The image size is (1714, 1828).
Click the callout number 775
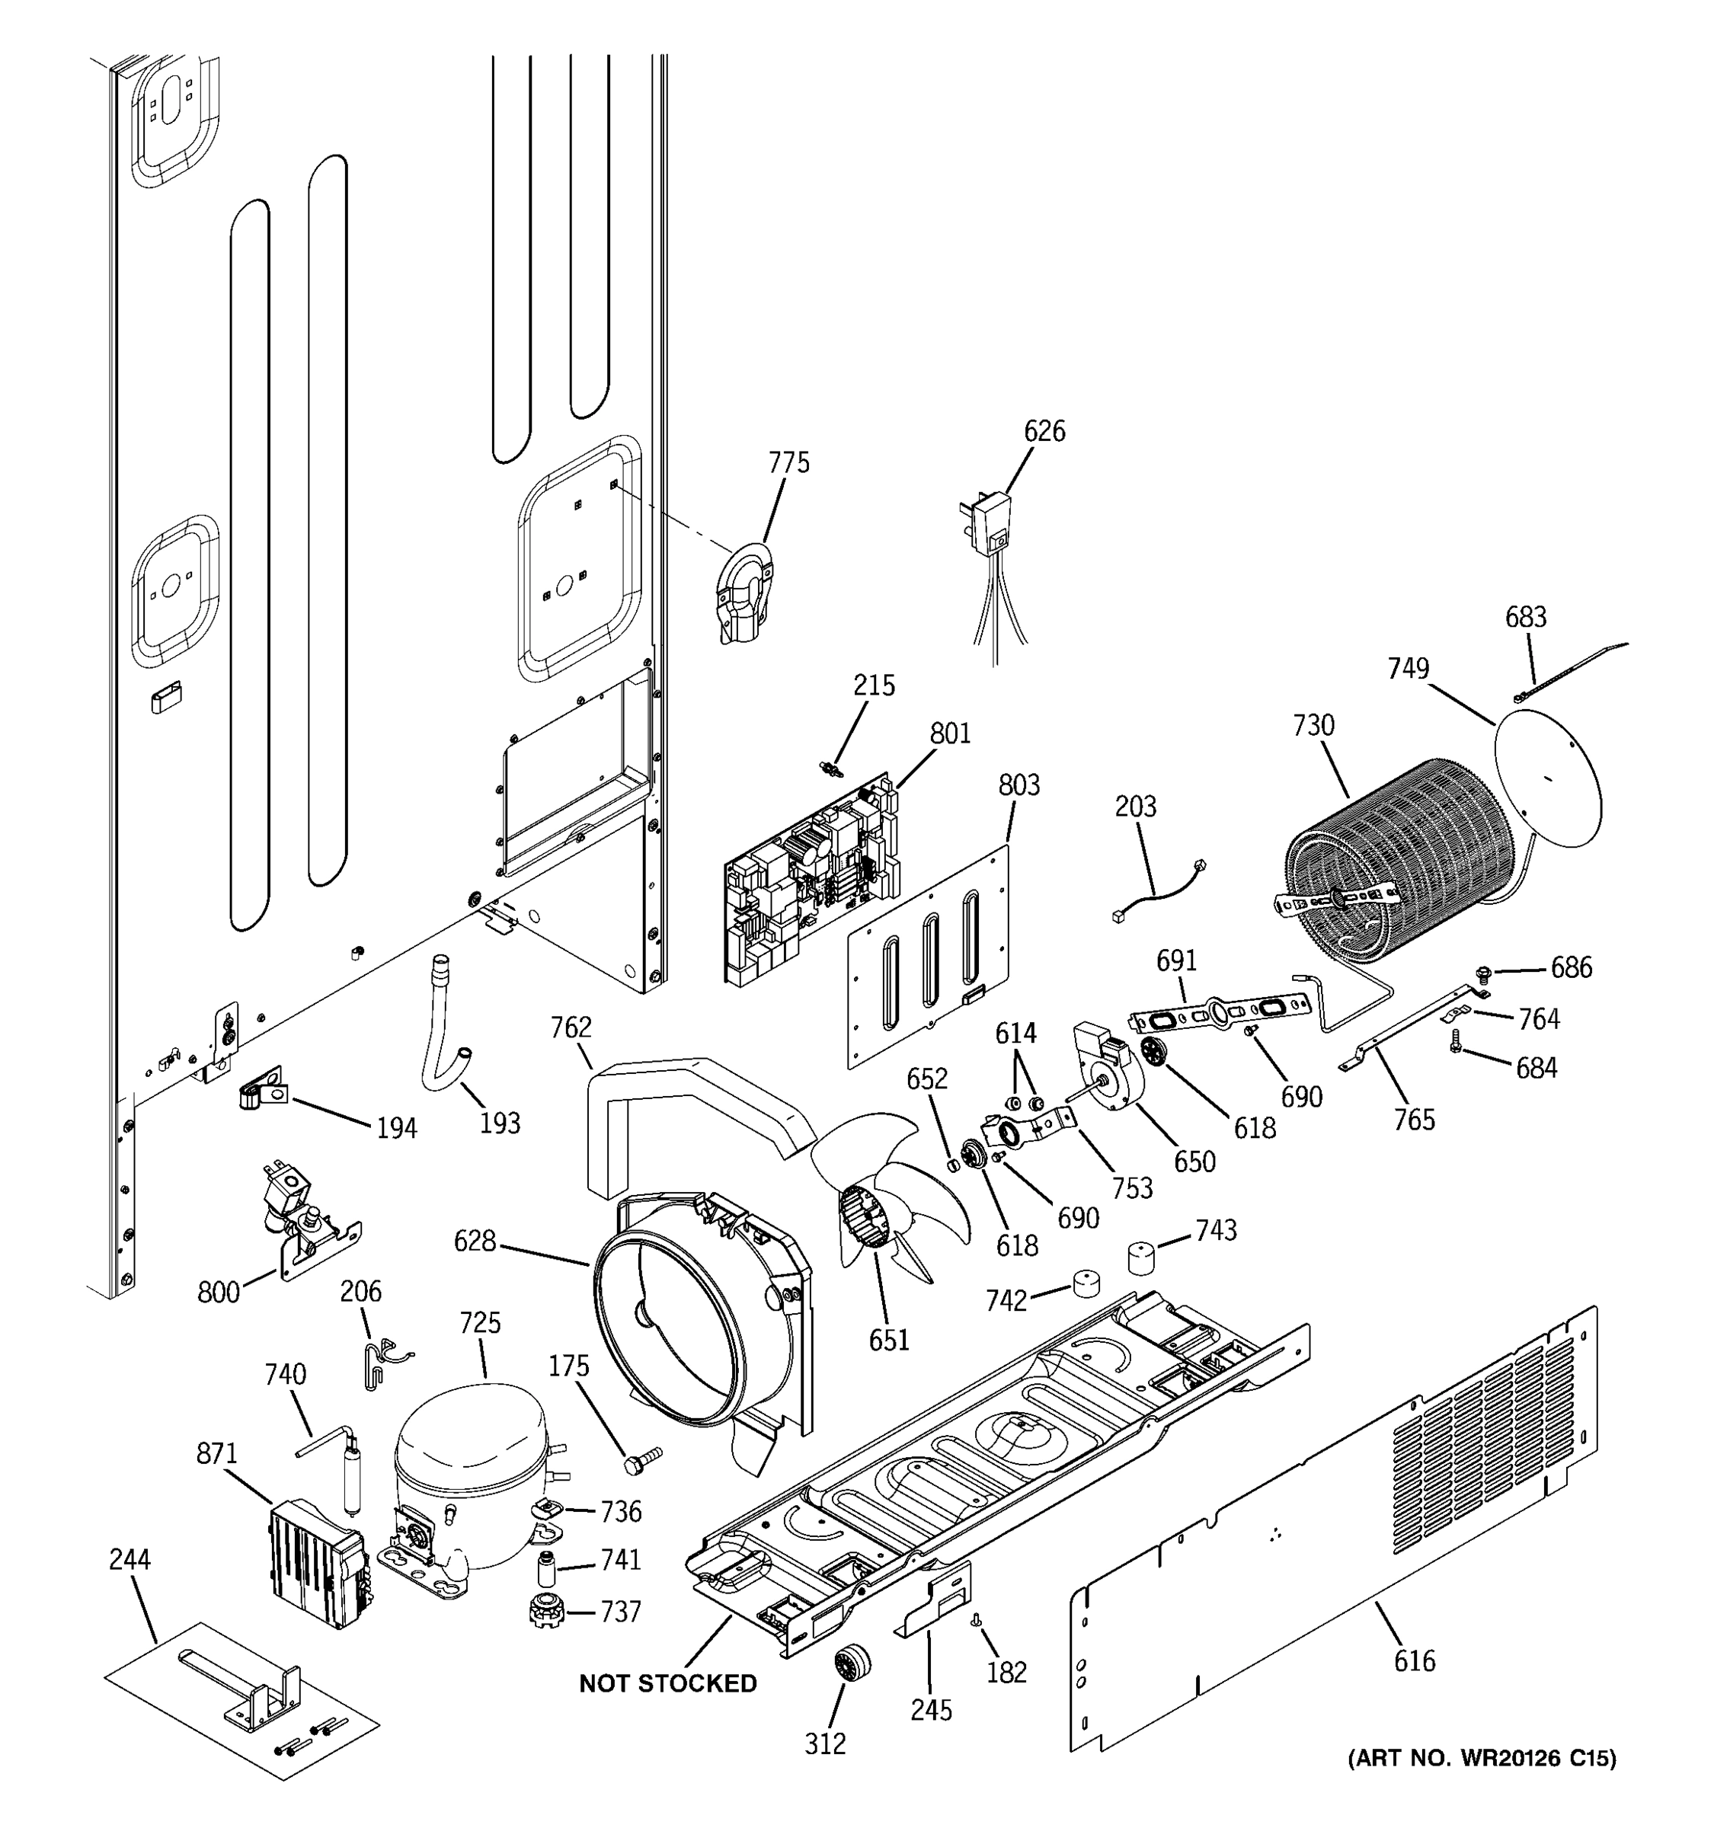(x=789, y=462)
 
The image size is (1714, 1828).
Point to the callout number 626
(x=1044, y=430)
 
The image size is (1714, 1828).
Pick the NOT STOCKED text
(x=667, y=1683)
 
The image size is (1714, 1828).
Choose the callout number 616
(x=1413, y=1660)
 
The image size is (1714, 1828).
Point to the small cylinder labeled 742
(x=1086, y=1283)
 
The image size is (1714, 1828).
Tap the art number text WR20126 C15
(x=1482, y=1758)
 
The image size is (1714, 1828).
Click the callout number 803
(x=1018, y=785)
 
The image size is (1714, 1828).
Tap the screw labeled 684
(x=1456, y=1041)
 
